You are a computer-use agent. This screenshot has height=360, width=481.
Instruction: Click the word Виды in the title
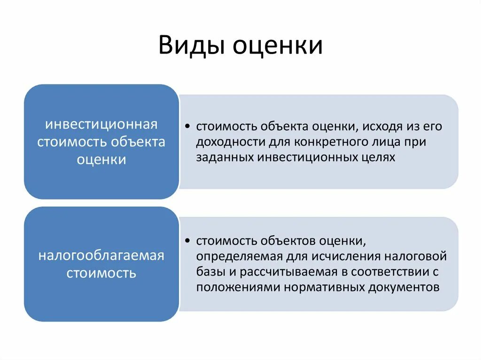click(x=191, y=46)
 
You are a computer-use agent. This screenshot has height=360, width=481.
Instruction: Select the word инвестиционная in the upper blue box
click(x=101, y=125)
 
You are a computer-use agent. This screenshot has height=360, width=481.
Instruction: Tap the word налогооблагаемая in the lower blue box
click(x=101, y=256)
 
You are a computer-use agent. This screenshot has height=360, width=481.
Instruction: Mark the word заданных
click(x=225, y=157)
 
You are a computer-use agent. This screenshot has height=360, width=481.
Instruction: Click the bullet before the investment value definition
click(x=187, y=127)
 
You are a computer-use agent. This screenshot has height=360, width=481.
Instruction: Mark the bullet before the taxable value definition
click(x=187, y=241)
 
